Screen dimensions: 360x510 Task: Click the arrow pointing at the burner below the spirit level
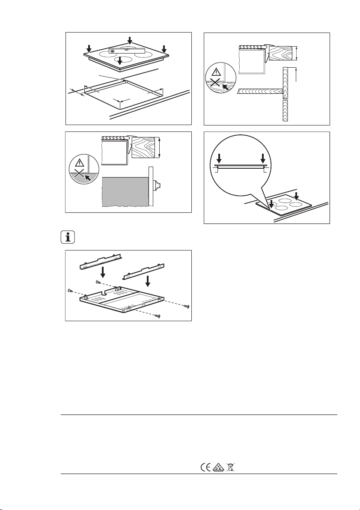(120, 60)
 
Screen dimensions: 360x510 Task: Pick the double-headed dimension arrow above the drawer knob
(159, 148)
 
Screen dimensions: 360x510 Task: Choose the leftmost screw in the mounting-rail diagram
(69, 290)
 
